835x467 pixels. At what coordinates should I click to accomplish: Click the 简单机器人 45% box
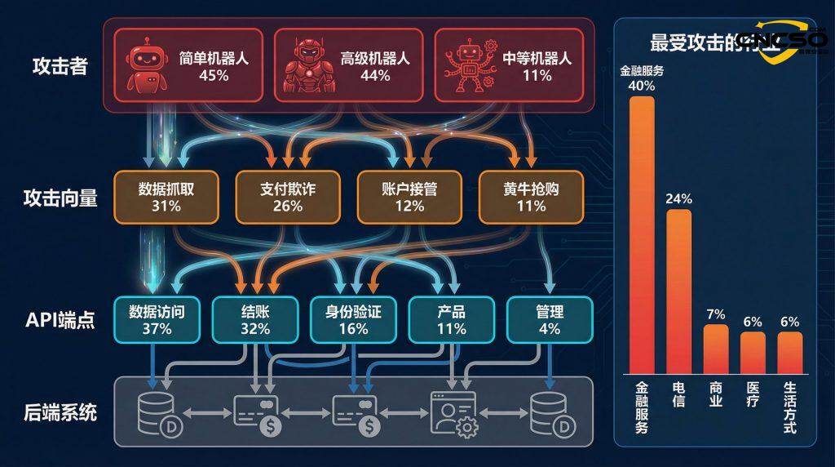point(187,65)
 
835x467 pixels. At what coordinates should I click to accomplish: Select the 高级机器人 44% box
point(348,65)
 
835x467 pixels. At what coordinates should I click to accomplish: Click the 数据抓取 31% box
point(166,197)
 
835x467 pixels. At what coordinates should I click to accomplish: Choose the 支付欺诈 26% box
point(288,197)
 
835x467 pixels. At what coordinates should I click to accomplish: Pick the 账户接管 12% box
point(409,197)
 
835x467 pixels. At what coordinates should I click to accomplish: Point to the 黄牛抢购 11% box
point(531,197)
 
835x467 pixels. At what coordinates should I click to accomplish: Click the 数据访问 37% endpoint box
point(157,319)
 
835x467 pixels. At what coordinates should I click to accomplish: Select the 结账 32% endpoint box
point(255,319)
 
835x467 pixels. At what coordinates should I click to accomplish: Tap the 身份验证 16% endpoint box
point(353,319)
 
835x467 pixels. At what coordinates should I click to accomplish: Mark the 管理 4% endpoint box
point(550,319)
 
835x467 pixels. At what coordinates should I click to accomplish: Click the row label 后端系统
point(60,412)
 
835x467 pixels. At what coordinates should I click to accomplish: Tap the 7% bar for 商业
point(715,348)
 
